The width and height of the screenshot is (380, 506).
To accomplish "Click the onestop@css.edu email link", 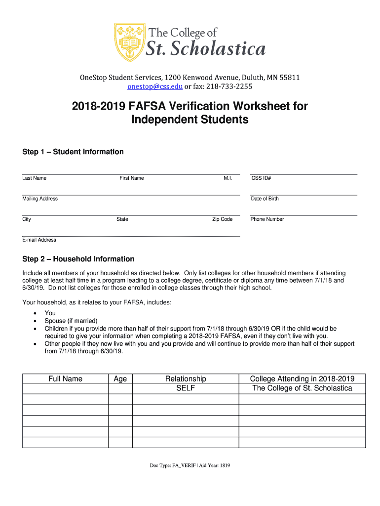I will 155,87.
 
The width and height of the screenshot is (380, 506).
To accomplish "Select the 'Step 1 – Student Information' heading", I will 73,152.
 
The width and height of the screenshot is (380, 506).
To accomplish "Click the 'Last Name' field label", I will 34,178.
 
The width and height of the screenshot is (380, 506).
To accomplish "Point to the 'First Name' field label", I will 131,178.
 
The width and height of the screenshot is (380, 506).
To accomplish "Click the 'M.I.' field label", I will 228,178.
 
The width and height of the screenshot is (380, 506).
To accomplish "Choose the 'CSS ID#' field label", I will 261,178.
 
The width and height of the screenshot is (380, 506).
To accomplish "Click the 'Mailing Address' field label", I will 40,199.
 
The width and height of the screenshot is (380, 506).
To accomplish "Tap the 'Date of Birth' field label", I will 265,199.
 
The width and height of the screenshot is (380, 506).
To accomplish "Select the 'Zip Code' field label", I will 222,219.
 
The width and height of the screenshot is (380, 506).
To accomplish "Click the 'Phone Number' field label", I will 267,219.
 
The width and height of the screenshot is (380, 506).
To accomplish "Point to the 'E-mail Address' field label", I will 39,240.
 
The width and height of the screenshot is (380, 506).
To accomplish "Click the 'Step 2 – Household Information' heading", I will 78,259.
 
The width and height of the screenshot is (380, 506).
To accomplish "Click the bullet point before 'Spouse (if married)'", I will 35,321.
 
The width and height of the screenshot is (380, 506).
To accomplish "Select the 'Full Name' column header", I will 65,379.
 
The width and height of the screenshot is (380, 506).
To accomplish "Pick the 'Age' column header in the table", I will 120,379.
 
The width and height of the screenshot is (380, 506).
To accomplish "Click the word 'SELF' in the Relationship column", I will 186,388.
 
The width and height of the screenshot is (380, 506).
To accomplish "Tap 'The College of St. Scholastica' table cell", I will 302,388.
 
